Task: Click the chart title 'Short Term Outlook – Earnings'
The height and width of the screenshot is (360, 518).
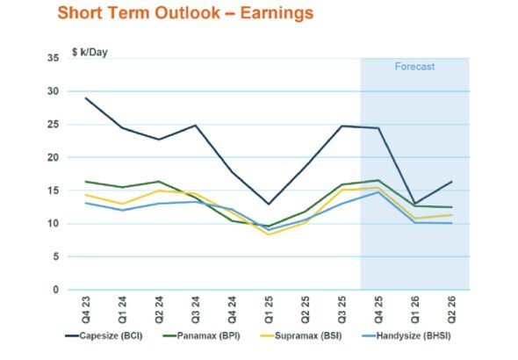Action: pyautogui.click(x=184, y=13)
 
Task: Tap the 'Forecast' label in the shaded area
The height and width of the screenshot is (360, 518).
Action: pyautogui.click(x=414, y=67)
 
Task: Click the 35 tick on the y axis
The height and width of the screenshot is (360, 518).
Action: pyautogui.click(x=54, y=58)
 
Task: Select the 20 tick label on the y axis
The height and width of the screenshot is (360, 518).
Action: pyautogui.click(x=54, y=157)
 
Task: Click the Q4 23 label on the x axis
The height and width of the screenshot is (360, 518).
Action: pyautogui.click(x=85, y=308)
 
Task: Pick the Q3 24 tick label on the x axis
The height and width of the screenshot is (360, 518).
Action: pyautogui.click(x=195, y=308)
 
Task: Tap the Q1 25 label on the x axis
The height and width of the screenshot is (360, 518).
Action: pyautogui.click(x=269, y=308)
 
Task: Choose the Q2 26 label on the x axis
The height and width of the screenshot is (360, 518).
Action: pyautogui.click(x=451, y=308)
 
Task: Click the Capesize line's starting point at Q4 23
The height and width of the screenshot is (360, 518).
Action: pyautogui.click(x=85, y=98)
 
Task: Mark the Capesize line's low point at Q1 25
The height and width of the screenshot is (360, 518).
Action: pyautogui.click(x=269, y=204)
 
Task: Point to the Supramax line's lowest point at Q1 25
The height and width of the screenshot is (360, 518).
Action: pyautogui.click(x=269, y=234)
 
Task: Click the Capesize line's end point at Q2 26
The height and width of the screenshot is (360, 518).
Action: pyautogui.click(x=451, y=182)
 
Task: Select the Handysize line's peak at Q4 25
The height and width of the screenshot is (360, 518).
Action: pyautogui.click(x=378, y=191)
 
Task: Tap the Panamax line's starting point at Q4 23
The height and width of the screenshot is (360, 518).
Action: pyautogui.click(x=85, y=182)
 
